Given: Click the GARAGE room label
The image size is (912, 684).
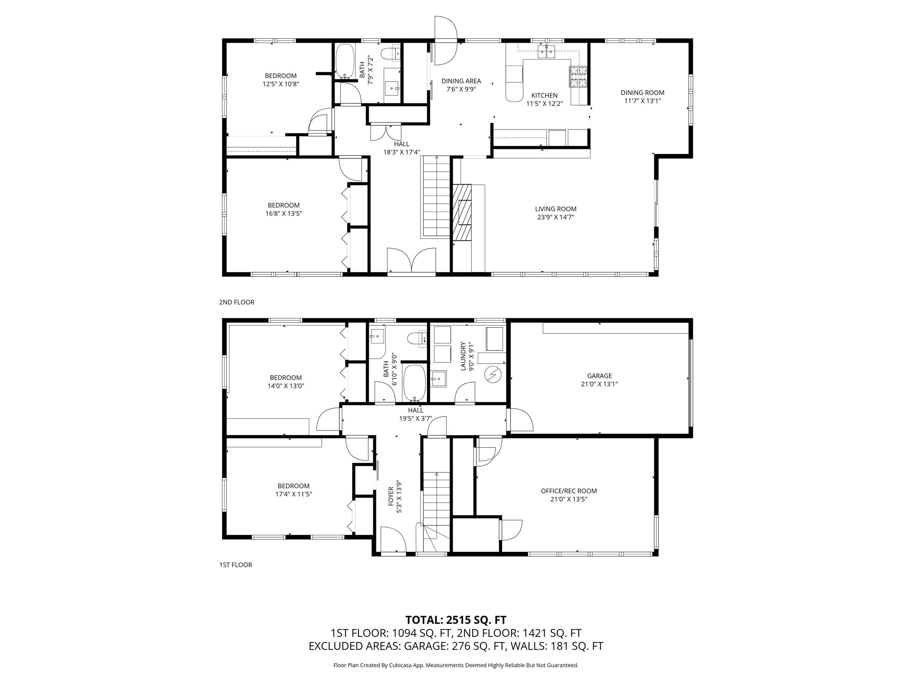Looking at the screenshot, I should tap(599, 376).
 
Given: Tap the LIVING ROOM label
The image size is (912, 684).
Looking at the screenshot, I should tap(555, 209).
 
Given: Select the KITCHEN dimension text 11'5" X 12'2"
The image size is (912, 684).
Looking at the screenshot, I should tap(544, 104).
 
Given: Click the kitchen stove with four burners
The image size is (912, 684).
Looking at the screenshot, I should tap(578, 77).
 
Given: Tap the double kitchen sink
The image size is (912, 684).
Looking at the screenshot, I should tap(547, 52).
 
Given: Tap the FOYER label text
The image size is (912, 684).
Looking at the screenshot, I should tap(391, 496).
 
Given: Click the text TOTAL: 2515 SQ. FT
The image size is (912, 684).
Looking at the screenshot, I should tap(456, 620).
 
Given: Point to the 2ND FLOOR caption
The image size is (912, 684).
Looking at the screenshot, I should tap(237, 302).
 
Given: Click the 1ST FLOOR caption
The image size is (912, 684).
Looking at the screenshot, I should tap(235, 565).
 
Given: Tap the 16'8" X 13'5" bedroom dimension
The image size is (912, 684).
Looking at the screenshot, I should tap(284, 213).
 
